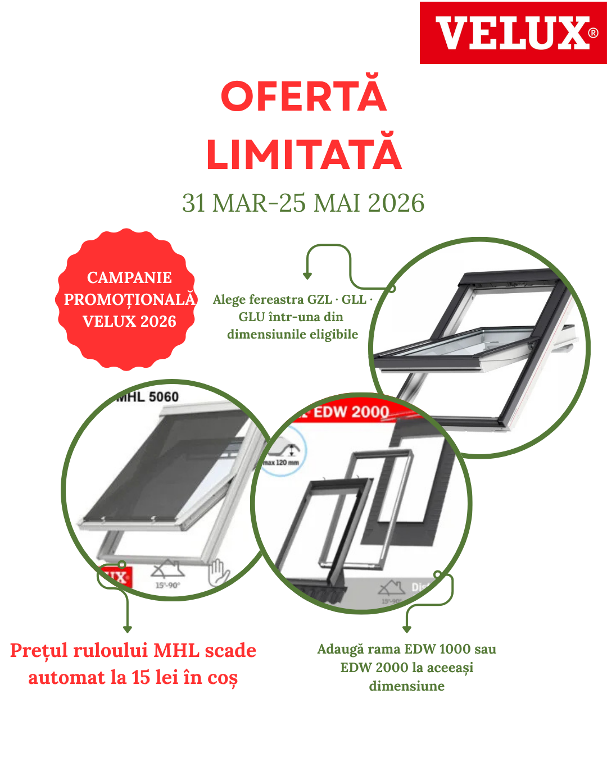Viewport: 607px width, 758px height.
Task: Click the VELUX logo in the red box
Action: [x=513, y=33]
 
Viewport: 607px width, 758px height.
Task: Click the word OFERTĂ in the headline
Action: [x=303, y=96]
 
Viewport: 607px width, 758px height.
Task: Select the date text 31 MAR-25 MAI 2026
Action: [x=303, y=203]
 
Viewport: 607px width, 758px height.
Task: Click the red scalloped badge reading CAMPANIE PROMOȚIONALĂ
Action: [x=129, y=299]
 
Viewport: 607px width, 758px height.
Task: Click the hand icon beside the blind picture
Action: [x=218, y=573]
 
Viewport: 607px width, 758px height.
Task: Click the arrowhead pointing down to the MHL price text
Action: [x=128, y=629]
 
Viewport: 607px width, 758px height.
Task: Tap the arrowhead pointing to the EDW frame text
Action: [x=407, y=629]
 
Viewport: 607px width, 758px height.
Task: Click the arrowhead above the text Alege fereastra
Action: [x=307, y=276]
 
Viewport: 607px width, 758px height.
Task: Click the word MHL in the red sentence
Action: [x=176, y=650]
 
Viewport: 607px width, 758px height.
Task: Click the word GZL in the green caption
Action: [x=319, y=299]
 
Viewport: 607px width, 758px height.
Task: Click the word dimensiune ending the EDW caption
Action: [x=406, y=686]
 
